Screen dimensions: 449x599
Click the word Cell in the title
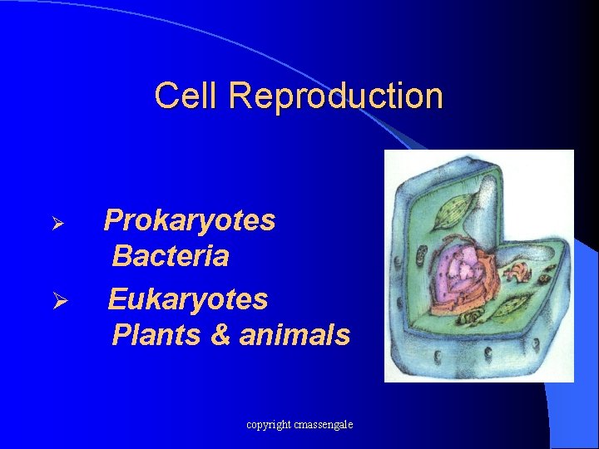[x=187, y=96]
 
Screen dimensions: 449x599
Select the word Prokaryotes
[x=190, y=221]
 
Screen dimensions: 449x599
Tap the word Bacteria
[x=170, y=256]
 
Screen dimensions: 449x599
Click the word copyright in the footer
[x=268, y=425]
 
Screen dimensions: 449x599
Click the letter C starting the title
[x=166, y=96]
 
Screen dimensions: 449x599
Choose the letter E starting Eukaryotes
[x=118, y=298]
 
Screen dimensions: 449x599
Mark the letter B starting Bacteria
[x=121, y=256]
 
